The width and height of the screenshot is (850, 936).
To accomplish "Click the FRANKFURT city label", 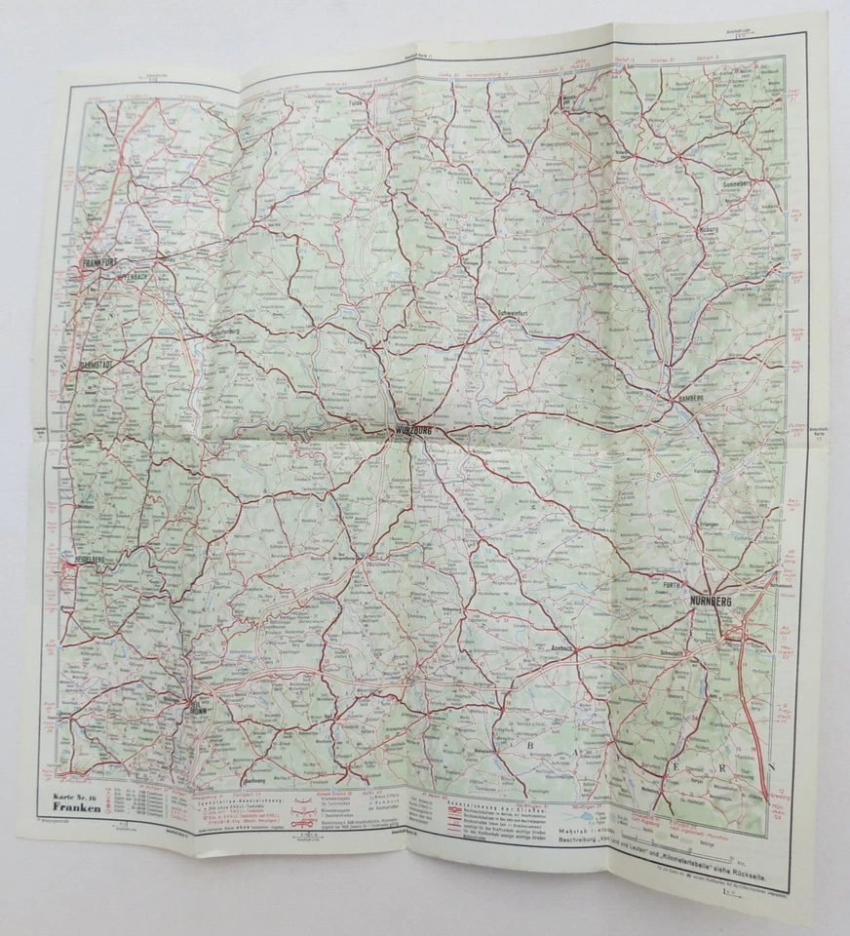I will [101, 263].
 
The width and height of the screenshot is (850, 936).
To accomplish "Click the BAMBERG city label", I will [693, 401].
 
